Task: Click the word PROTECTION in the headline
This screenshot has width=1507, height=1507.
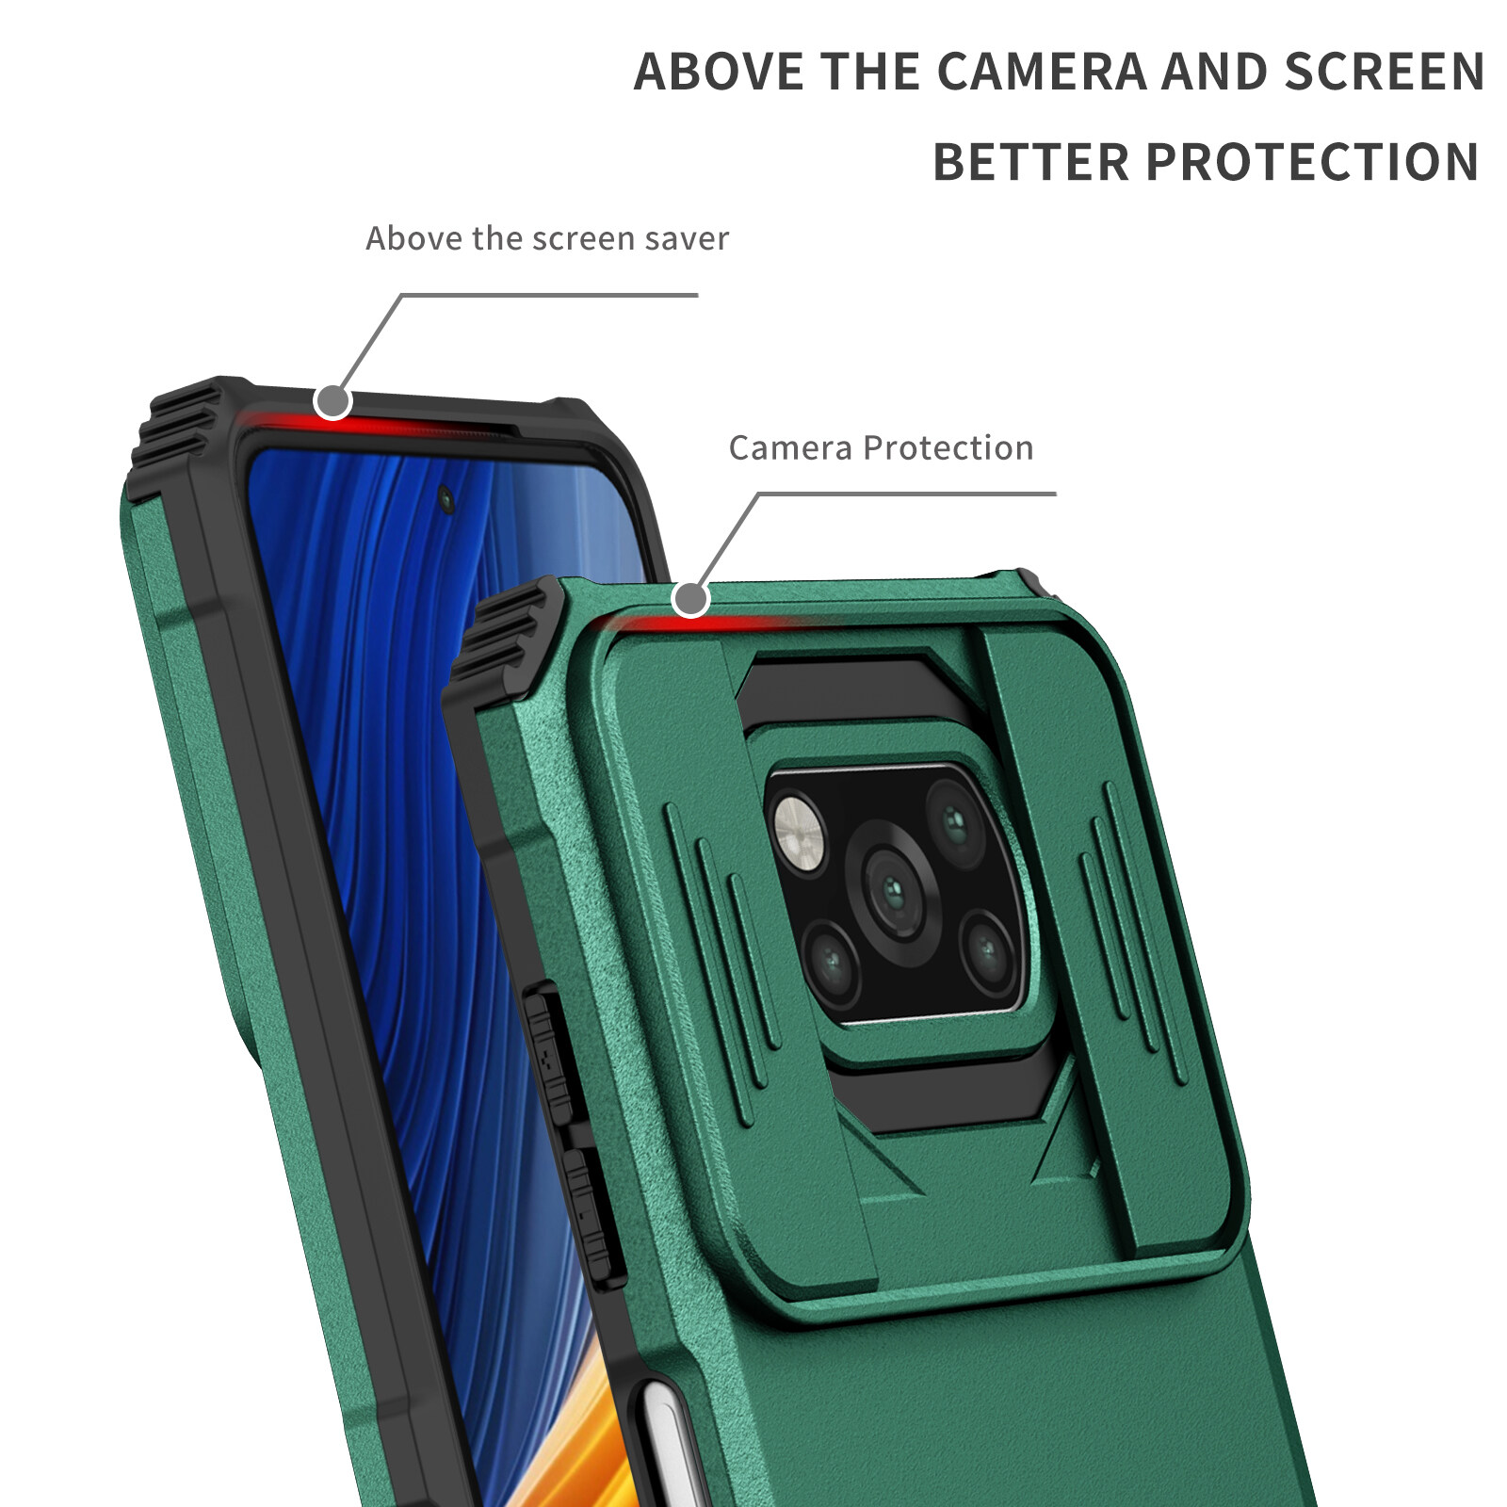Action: point(1312,162)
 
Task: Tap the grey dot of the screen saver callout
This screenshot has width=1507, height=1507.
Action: point(332,401)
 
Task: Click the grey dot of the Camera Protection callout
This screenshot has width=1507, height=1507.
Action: point(690,598)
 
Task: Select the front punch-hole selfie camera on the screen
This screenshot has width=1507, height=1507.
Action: point(446,499)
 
